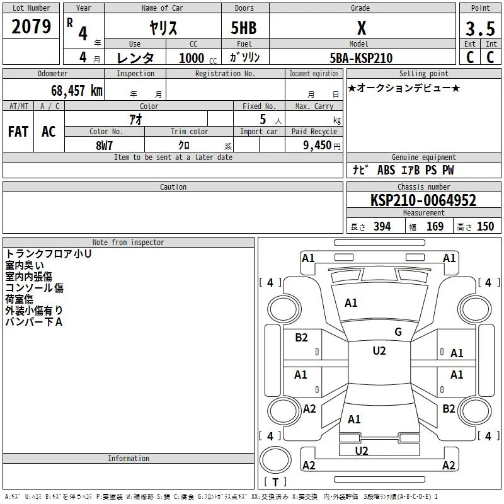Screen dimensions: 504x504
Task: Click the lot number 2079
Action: click(x=31, y=26)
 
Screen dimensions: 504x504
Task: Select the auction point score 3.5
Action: click(x=480, y=29)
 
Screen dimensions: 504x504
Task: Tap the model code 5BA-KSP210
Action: click(x=361, y=58)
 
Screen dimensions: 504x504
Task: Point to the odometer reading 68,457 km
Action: click(x=77, y=91)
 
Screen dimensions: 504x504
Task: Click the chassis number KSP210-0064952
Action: click(x=423, y=200)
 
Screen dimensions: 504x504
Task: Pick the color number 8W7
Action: click(x=105, y=146)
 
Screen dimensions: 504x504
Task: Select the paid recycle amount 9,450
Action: click(x=318, y=146)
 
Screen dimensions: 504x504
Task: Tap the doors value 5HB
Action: click(x=244, y=28)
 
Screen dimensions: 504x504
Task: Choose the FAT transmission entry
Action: click(x=18, y=132)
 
